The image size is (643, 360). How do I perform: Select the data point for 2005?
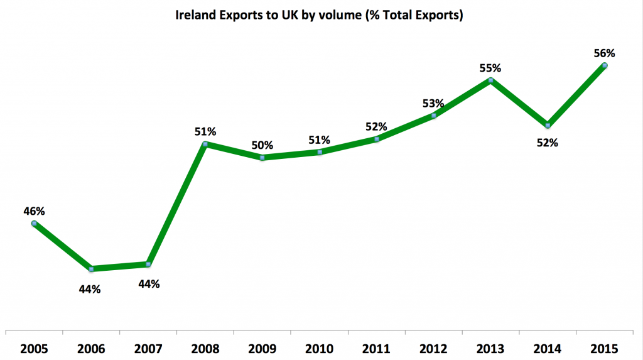click(x=34, y=223)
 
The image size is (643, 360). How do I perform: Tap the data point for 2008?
click(x=205, y=145)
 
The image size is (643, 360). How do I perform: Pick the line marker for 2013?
click(x=491, y=80)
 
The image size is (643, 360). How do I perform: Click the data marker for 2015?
click(x=605, y=65)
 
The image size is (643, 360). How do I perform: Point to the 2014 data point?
click(x=548, y=126)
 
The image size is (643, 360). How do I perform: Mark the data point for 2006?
click(x=92, y=269)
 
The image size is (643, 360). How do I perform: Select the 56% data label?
click(x=603, y=53)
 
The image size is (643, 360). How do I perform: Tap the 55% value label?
click(x=490, y=68)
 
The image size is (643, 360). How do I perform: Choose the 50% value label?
click(x=262, y=145)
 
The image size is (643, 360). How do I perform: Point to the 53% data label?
click(x=433, y=103)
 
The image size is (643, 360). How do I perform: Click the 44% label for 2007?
click(x=149, y=284)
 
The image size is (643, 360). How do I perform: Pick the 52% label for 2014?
click(x=547, y=143)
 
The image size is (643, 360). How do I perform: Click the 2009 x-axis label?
click(x=262, y=347)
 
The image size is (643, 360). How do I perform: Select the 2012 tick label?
click(x=433, y=347)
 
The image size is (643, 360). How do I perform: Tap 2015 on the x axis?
click(x=604, y=347)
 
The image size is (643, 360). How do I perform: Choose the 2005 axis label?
click(x=35, y=347)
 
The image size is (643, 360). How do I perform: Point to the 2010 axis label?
click(x=320, y=347)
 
